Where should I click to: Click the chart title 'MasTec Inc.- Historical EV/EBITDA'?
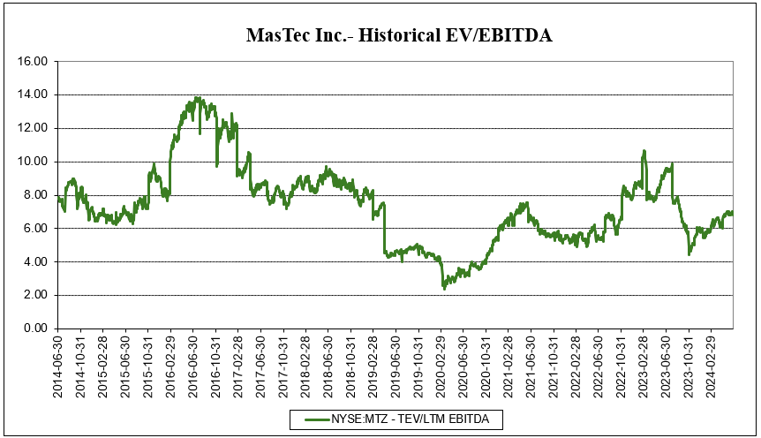point(399,35)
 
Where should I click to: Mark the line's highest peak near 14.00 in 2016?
point(197,98)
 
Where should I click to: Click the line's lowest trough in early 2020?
point(444,288)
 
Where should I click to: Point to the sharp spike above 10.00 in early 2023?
point(644,151)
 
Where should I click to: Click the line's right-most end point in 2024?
point(733,213)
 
